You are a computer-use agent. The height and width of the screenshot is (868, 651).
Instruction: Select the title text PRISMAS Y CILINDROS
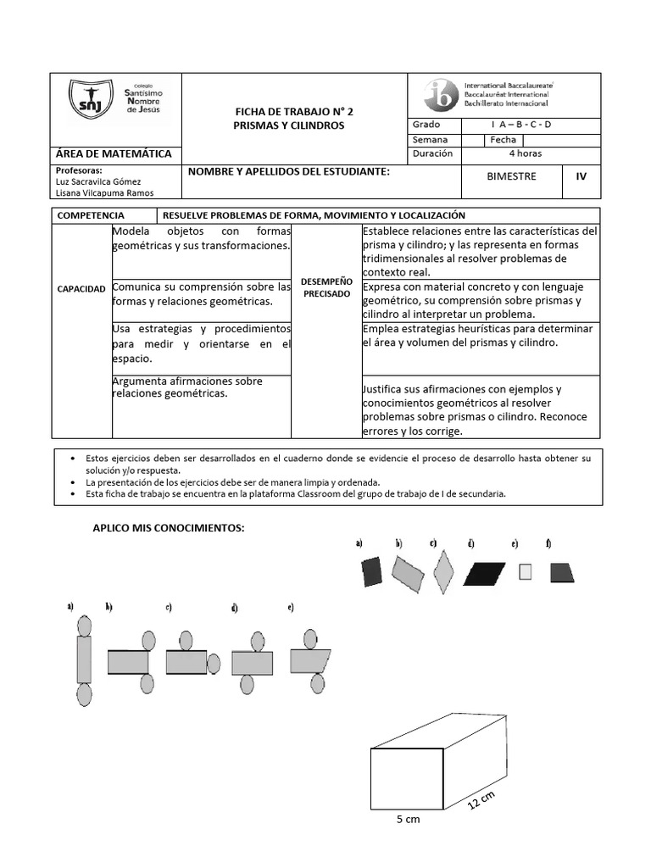click(x=289, y=125)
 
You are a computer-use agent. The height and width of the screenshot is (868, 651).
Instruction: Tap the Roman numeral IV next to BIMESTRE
click(x=581, y=178)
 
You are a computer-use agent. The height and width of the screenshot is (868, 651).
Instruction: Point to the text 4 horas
click(x=525, y=153)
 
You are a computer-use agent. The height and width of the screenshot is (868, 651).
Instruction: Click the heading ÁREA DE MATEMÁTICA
click(x=114, y=153)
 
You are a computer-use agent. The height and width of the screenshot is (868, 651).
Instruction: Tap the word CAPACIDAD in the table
click(x=82, y=289)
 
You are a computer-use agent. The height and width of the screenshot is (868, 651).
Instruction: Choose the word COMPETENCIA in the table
click(x=89, y=216)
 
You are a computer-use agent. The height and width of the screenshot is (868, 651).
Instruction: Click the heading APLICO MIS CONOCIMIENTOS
click(x=168, y=528)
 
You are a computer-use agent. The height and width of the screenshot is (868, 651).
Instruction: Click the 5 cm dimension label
click(x=408, y=820)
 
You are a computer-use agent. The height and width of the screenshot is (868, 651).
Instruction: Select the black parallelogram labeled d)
click(x=484, y=573)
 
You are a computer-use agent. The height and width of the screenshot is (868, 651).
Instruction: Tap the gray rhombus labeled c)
click(x=442, y=573)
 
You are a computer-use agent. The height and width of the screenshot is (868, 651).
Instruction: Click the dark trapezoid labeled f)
click(x=562, y=573)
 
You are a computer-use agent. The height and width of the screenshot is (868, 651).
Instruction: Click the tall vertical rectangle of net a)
click(x=84, y=659)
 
